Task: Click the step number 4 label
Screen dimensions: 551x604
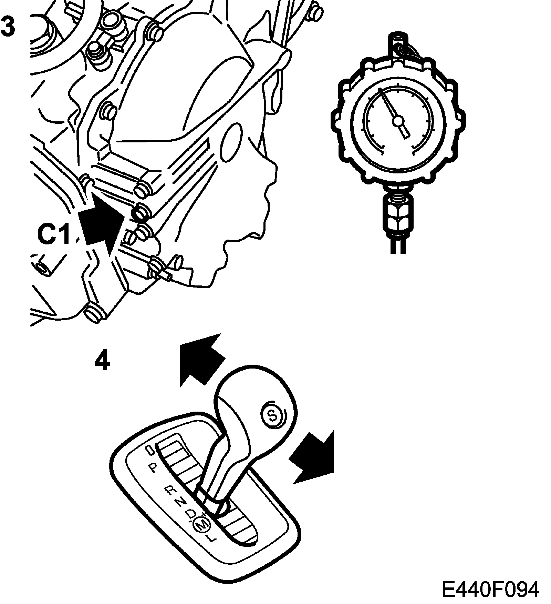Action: click(x=102, y=361)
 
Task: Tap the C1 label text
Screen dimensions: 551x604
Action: click(x=53, y=234)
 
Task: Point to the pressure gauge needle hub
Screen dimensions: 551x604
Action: click(x=398, y=120)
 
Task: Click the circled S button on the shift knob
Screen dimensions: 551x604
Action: click(x=272, y=416)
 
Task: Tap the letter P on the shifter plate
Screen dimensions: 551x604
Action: click(x=153, y=468)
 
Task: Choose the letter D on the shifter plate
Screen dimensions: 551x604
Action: click(x=190, y=514)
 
